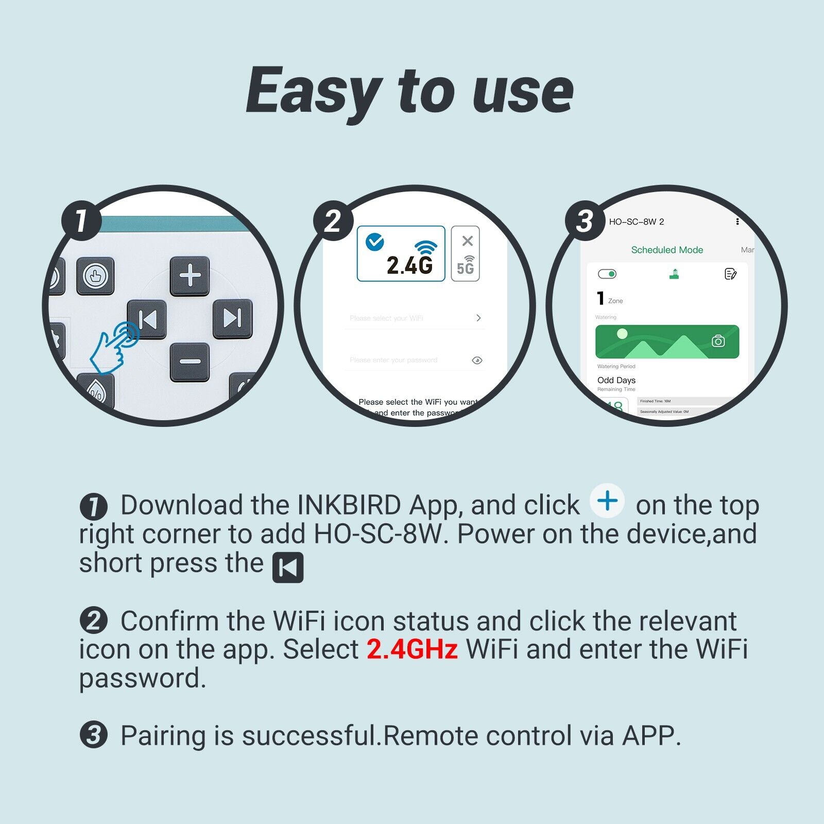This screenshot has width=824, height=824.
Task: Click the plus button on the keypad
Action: coord(190,276)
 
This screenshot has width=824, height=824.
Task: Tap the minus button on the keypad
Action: coord(190,362)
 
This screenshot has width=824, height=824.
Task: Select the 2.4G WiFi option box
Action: coord(401,253)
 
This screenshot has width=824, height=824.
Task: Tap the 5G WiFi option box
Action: coord(465,253)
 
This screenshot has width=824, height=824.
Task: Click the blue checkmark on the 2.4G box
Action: coord(374,242)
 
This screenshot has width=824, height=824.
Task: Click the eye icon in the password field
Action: coord(477,360)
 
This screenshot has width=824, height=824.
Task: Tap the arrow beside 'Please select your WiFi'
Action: coord(478,318)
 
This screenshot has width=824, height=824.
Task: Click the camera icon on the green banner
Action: coord(718,341)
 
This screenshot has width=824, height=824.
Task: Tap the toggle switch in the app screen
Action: coord(607,274)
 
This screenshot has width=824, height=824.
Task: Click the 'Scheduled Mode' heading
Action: coord(667,250)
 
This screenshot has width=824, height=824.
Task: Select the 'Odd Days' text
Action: coord(616,380)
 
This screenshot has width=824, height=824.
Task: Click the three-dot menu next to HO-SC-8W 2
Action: coord(737,221)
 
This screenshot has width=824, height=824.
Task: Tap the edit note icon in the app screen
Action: coord(730,274)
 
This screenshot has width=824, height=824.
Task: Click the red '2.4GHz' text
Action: coord(412,649)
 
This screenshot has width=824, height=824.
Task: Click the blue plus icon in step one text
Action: coord(608,501)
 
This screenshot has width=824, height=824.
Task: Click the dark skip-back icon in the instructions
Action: coord(287,568)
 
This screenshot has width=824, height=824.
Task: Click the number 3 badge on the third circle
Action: coord(585,221)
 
